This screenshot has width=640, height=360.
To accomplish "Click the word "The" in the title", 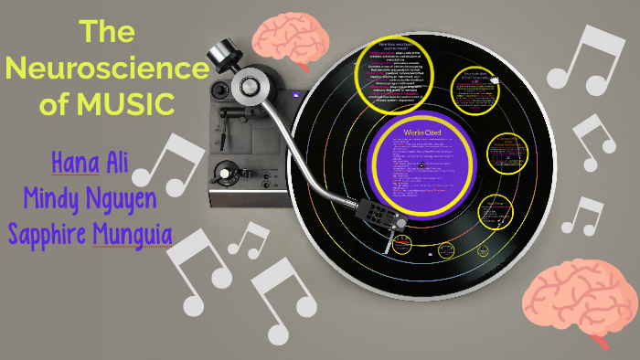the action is coord(108,32).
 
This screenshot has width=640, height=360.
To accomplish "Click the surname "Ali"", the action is coord(127,164).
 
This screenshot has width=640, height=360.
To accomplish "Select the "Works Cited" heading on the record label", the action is coord(423,133).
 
